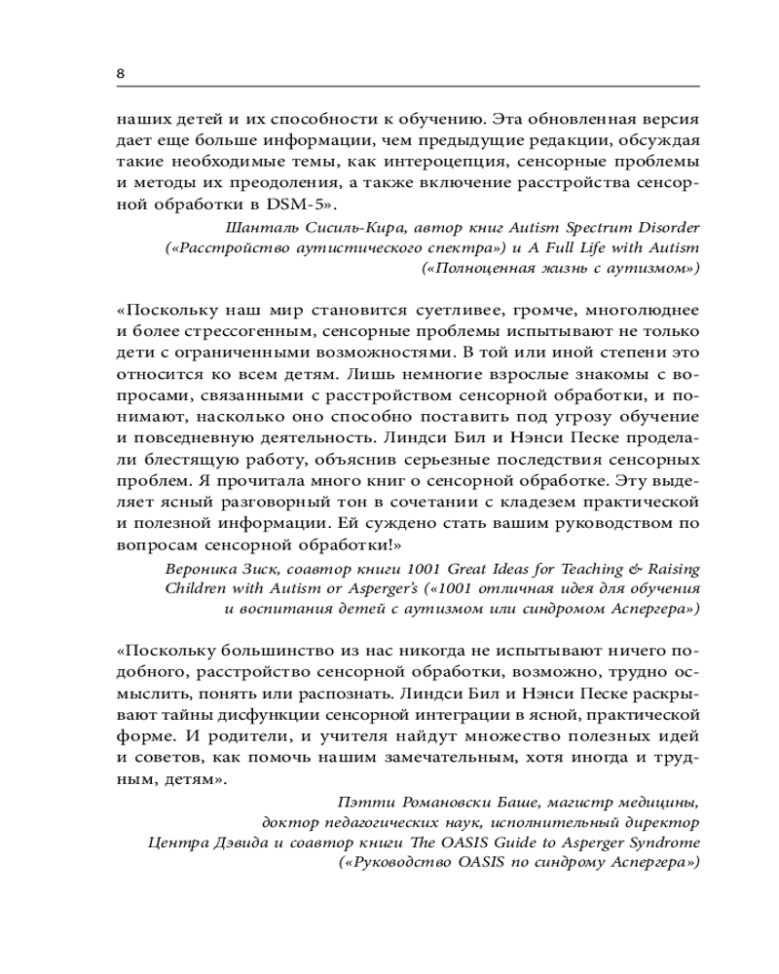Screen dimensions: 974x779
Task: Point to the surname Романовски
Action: [436, 803]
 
